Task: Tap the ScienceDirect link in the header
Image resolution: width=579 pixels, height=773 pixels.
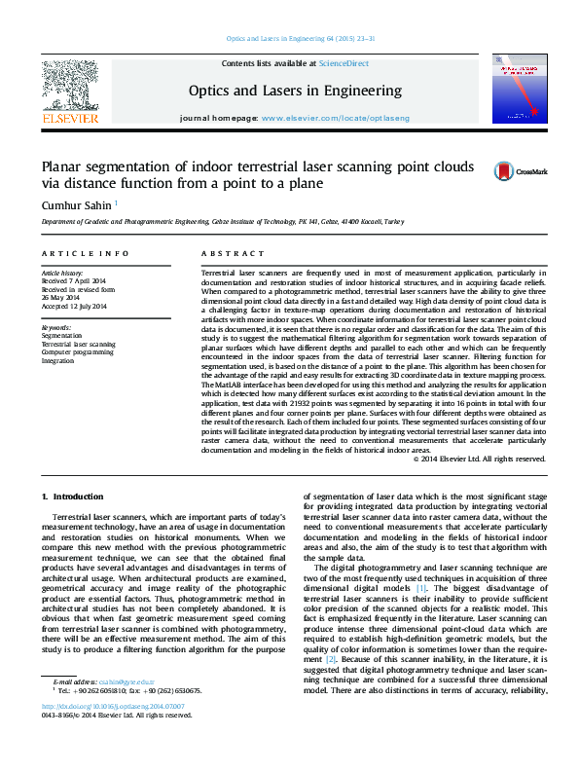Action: [x=344, y=63]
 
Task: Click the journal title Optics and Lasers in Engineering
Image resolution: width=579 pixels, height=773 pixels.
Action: [x=294, y=91]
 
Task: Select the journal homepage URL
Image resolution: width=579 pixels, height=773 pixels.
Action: [x=336, y=118]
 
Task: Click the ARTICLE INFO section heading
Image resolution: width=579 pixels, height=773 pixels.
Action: [x=85, y=253]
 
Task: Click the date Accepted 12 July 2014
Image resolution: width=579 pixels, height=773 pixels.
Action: [x=74, y=307]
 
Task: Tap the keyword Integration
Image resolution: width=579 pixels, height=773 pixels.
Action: [x=57, y=360]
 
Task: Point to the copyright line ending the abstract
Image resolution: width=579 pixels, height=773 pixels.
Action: [x=480, y=459]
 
